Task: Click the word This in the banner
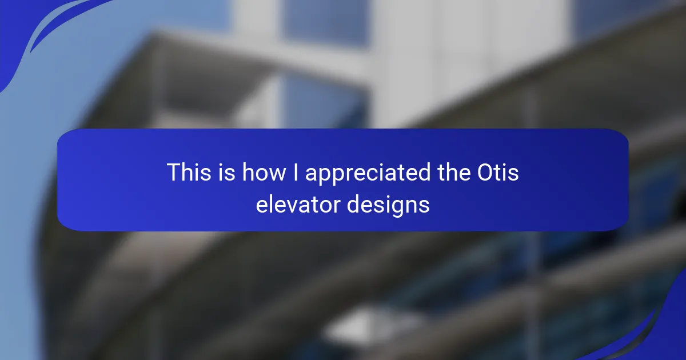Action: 189,172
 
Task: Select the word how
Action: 264,172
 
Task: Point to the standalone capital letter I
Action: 296,172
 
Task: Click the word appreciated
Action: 368,174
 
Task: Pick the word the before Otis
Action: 454,172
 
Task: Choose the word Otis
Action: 498,172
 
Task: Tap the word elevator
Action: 298,204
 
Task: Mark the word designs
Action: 388,206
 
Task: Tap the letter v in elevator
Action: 290,206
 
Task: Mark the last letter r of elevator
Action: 336,206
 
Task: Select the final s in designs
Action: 424,206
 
